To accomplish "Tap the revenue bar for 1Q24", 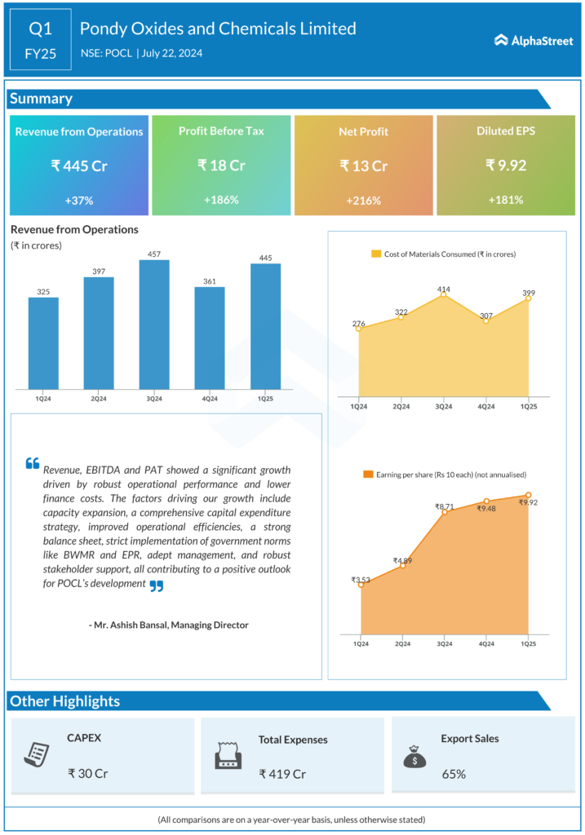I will (x=43, y=342).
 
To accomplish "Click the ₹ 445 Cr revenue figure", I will (x=79, y=166).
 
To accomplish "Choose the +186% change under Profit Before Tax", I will (x=220, y=200).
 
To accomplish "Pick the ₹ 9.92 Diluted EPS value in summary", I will (x=506, y=166).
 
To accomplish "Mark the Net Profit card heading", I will (x=363, y=131).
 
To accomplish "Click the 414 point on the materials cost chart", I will (x=444, y=294).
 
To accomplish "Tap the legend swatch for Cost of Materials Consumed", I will (x=376, y=254).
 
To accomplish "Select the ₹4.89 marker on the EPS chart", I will (x=402, y=565).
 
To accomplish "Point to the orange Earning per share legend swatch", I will (x=368, y=475).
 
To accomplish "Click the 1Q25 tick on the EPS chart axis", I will (x=529, y=644).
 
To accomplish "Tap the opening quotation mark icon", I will (x=33, y=463).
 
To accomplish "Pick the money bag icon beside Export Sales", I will (x=414, y=756).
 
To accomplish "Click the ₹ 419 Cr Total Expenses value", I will (x=281, y=774).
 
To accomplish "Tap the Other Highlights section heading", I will (x=64, y=701).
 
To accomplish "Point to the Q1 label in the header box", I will (x=41, y=29).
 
